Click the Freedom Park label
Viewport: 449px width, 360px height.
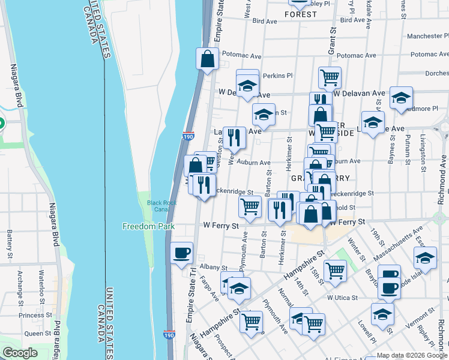coord(148,227)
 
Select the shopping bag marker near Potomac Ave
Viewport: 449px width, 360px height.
coord(207,59)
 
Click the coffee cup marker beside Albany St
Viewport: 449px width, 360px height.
coord(181,253)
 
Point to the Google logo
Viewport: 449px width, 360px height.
coord(20,353)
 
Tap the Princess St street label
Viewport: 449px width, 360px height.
coord(35,315)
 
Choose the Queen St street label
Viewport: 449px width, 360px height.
coord(38,334)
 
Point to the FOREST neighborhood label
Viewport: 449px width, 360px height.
coord(301,14)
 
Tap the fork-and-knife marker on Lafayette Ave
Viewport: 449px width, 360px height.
coord(234,137)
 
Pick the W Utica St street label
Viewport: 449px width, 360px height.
coord(342,298)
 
